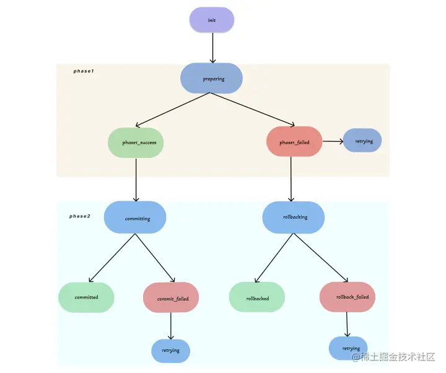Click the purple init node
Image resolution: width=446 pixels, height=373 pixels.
point(212,20)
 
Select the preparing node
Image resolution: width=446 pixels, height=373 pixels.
point(211,79)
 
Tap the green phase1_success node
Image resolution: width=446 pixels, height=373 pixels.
point(136,142)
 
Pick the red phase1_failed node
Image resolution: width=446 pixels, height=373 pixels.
point(294,142)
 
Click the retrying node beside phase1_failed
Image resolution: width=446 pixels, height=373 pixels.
point(362,141)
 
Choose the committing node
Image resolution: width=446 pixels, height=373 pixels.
point(135,217)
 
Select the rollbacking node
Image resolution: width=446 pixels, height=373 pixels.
point(294,217)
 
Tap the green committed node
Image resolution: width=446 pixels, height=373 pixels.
point(87,297)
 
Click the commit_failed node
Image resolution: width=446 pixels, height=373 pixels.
point(171,298)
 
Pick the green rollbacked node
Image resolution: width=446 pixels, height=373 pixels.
point(257,297)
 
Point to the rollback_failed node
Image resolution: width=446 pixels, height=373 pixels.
point(348,297)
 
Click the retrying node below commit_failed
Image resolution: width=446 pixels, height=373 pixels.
point(170,351)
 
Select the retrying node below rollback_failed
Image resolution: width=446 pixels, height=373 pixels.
point(348,348)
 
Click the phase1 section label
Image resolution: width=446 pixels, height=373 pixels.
point(83,71)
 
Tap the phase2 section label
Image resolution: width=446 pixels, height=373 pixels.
point(80,216)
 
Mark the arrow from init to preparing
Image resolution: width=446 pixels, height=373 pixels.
point(212,48)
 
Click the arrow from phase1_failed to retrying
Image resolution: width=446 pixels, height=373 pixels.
point(333,141)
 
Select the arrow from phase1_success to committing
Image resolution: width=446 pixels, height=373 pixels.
point(136,180)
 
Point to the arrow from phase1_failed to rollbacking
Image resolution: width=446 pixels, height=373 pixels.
point(291,179)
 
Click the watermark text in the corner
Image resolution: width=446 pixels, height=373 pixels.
point(394,358)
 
